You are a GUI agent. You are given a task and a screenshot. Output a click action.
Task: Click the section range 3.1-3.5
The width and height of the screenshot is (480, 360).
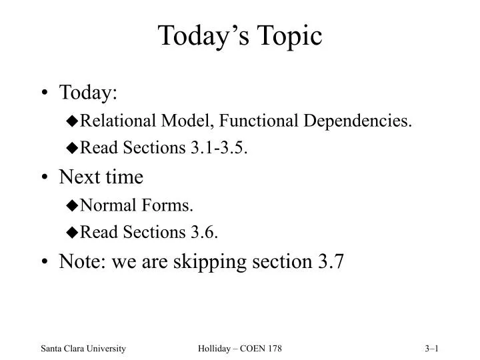point(223,148)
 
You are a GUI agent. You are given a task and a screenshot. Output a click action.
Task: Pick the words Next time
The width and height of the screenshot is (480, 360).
point(101,177)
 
